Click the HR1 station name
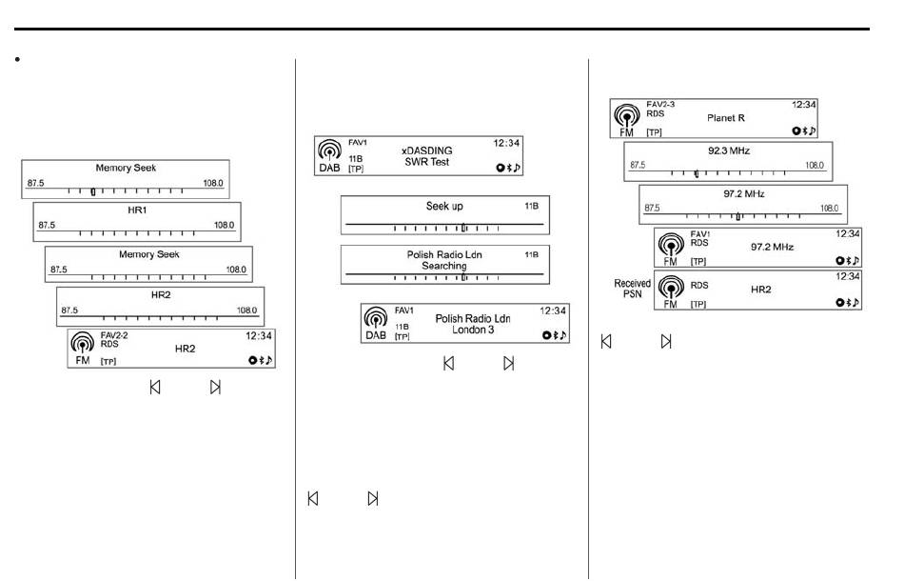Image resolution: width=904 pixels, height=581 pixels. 137,210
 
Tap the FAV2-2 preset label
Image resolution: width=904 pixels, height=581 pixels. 114,335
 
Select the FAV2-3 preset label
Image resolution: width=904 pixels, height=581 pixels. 660,105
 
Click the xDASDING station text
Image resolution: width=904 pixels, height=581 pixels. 426,150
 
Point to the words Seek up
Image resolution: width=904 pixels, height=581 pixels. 444,206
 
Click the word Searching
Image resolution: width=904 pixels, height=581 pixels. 444,266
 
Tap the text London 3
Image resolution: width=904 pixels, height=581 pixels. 473,330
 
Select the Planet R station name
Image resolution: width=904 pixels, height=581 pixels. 726,118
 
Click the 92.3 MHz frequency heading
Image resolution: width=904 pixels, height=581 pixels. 729,150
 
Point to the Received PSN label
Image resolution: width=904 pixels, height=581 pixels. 632,289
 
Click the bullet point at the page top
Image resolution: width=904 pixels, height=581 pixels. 18,59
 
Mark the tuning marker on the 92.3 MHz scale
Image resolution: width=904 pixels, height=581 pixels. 697,173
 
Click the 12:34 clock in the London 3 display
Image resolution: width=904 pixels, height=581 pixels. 552,311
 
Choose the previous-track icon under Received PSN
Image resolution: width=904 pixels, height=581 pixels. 606,342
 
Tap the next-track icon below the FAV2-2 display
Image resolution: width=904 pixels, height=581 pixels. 215,387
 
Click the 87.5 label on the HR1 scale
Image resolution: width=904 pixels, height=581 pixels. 47,225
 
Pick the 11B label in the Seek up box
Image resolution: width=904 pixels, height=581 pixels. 531,206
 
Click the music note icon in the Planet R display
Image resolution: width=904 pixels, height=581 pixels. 813,131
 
